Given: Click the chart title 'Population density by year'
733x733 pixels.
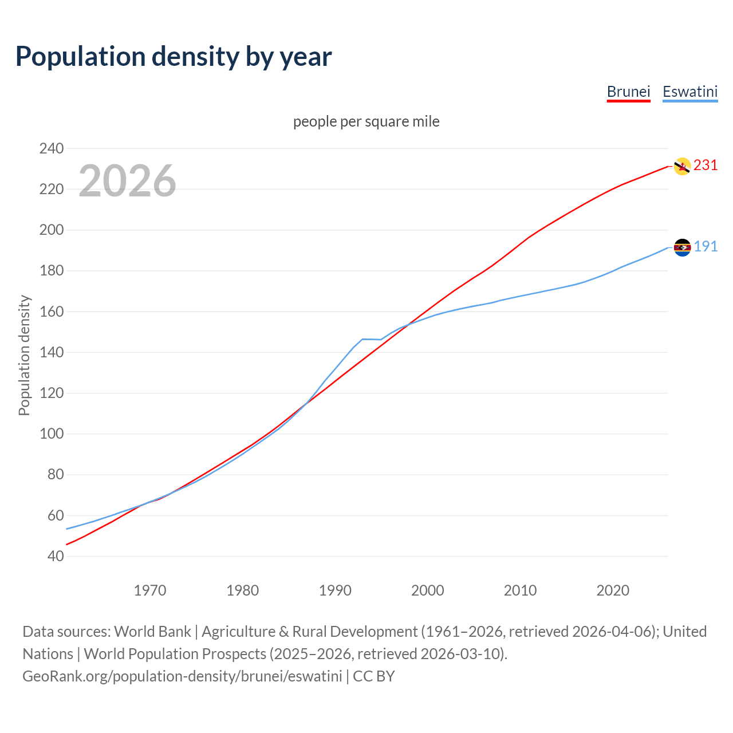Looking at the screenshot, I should pos(174,57).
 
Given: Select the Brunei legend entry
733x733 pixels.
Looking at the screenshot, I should pos(628,92).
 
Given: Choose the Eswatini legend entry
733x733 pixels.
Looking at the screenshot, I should pos(690,92).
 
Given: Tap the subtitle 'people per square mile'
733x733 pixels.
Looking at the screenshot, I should pos(366,121).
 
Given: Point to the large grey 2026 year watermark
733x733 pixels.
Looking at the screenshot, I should pos(127,181).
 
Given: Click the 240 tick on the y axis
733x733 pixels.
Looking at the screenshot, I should pos(52,148).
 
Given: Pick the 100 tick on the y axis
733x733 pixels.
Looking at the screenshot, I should pos(52,434).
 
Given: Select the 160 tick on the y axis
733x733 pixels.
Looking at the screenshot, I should pos(52,312).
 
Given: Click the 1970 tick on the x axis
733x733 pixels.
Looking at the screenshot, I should pos(150,590).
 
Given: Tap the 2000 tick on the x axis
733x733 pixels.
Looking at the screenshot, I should pos(428,590).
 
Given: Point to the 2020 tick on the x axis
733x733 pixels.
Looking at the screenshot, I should pos(613,590).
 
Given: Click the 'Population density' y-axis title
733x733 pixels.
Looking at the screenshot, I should pos(24,355).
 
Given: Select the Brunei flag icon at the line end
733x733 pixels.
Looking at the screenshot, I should pos(682,166).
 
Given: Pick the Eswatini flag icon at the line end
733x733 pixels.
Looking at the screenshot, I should pos(682,247).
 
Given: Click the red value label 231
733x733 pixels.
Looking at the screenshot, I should pos(706,165).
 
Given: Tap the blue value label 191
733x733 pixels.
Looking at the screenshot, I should pos(706,247).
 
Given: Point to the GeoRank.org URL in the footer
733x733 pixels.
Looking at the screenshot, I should pos(182,676).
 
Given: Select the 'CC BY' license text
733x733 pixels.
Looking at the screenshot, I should pos(374,676).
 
